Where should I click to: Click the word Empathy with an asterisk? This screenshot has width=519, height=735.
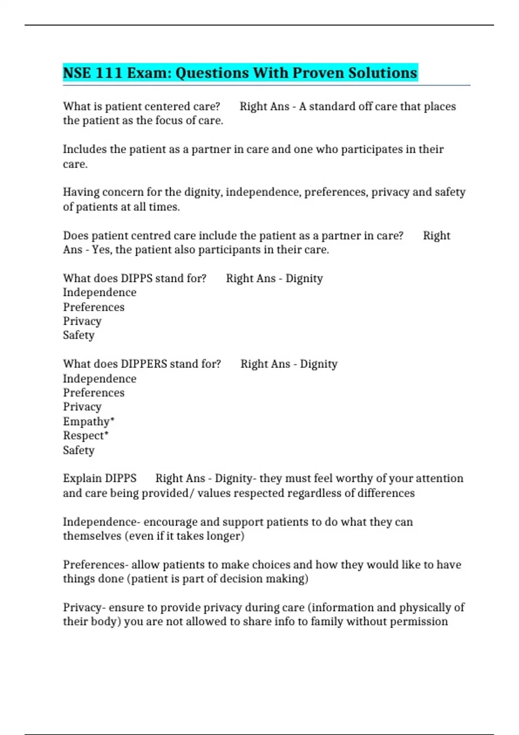(x=88, y=422)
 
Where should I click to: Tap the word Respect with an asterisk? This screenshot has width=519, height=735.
(x=85, y=436)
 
